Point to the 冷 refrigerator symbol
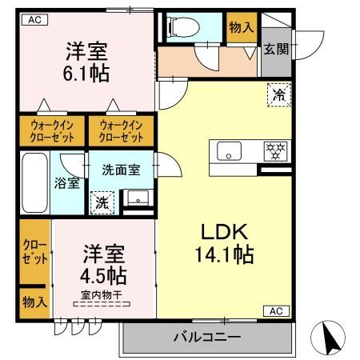[279, 94]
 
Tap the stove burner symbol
[274, 150]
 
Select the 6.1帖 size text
[86, 74]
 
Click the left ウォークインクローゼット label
[52, 130]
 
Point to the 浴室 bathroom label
[67, 182]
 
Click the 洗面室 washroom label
[122, 169]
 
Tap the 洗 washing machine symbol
[102, 202]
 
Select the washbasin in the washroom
[135, 198]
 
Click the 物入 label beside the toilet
[241, 27]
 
